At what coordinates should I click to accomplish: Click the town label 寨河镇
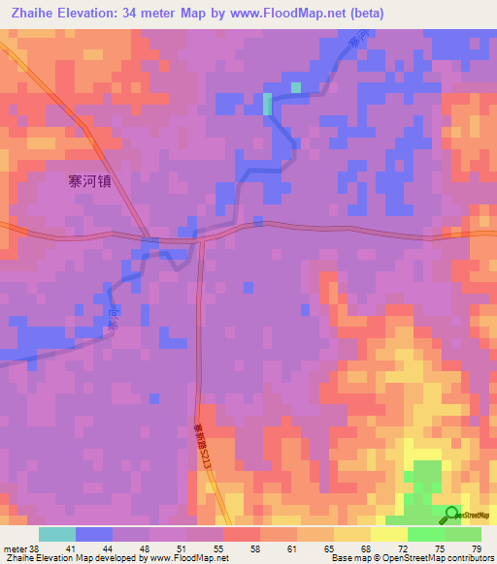pos(89,180)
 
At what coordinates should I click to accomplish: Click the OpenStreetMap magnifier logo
pos(453,515)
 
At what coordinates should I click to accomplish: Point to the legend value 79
pos(476,548)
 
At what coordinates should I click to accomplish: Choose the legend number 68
pos(365,548)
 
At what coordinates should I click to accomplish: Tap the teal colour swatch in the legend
pos(56,534)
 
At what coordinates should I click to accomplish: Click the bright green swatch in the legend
pos(425,534)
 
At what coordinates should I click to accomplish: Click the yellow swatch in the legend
pos(388,534)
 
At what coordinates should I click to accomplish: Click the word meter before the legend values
pos(14,548)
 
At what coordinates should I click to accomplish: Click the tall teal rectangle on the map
pos(267,104)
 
